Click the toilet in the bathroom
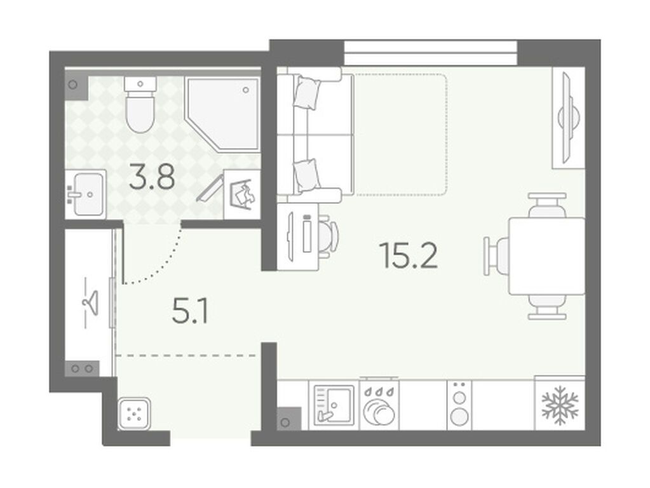[x=140, y=104]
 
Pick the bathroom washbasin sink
[x=86, y=194]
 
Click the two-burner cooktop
[x=459, y=405]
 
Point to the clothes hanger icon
[x=91, y=302]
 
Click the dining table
[x=547, y=256]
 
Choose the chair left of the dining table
[x=496, y=256]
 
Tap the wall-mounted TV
[x=567, y=118]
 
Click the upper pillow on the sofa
[x=307, y=93]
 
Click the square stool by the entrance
[x=134, y=414]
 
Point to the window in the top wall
[x=431, y=53]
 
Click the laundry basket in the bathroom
[x=241, y=194]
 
